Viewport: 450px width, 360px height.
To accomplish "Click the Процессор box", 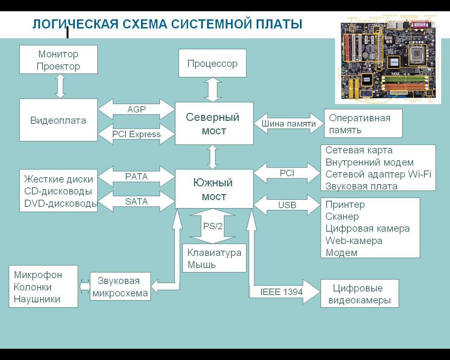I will [x=212, y=63].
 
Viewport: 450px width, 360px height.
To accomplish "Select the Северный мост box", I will [x=214, y=123].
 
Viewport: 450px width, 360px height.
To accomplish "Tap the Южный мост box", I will [x=214, y=189].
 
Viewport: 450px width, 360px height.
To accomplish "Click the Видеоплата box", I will [x=58, y=120].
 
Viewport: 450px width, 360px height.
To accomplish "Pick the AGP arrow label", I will [x=136, y=109].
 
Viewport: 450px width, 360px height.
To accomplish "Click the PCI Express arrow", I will [x=136, y=134].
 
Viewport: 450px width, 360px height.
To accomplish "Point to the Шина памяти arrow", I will [x=289, y=123].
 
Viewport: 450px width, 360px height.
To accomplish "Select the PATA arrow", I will [x=136, y=176].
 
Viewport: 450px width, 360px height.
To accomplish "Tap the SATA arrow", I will [x=136, y=201].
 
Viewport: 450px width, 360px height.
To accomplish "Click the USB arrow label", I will [x=287, y=205].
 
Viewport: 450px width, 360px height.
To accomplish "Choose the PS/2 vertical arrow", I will [x=213, y=226].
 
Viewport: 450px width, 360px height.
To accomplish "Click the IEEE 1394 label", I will [x=281, y=292].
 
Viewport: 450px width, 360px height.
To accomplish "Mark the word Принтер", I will [x=345, y=205].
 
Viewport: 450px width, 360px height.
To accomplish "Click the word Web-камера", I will [x=354, y=241].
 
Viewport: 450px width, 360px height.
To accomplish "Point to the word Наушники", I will [x=37, y=299].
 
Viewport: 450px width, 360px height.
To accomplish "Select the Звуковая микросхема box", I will [x=120, y=287].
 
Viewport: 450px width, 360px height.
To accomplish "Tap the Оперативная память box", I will [x=363, y=123].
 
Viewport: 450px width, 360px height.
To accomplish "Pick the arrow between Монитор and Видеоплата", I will [x=60, y=86].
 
